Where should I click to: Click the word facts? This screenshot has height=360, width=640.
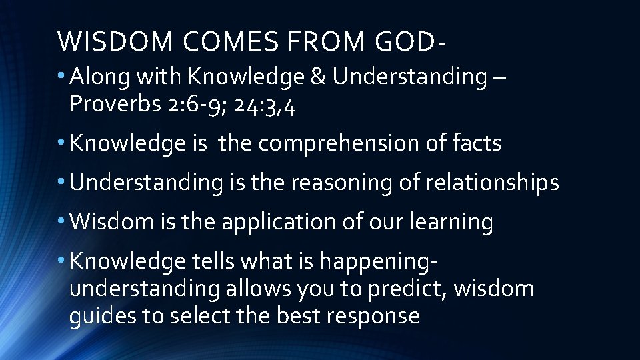pos(475,143)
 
